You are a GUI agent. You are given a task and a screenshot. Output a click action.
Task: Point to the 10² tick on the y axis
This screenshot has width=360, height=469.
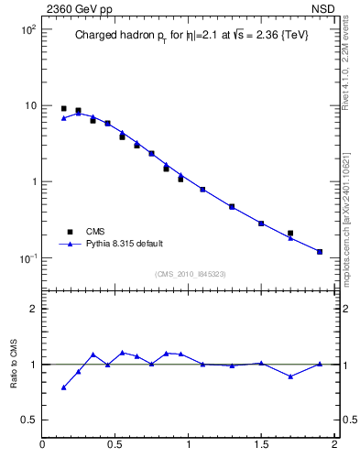[x=27, y=29]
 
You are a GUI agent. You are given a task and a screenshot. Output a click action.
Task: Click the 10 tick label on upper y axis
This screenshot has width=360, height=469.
[x=29, y=105]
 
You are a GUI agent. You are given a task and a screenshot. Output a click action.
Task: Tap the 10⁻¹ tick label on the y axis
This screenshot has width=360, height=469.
[x=27, y=257]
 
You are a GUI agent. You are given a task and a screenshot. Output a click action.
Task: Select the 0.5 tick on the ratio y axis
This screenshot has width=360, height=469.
[x=28, y=420]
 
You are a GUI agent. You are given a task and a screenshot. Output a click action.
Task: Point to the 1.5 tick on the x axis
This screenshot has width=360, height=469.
[x=261, y=445]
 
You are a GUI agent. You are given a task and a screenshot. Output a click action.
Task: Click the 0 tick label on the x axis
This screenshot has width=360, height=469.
[x=42, y=445]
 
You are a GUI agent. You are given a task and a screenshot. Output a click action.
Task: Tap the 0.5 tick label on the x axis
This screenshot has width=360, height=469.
[x=115, y=445]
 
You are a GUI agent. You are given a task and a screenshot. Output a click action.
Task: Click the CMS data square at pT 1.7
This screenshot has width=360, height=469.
[x=290, y=234]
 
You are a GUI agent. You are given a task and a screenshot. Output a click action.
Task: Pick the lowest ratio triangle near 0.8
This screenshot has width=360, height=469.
[x=63, y=387]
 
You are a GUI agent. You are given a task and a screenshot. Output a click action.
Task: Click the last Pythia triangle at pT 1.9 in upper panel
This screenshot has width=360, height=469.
[x=320, y=251]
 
